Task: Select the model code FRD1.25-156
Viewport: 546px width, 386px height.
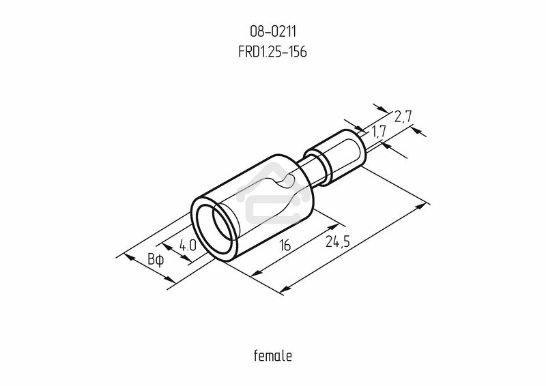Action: (x=272, y=53)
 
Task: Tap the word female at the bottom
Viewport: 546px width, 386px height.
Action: (x=273, y=356)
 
